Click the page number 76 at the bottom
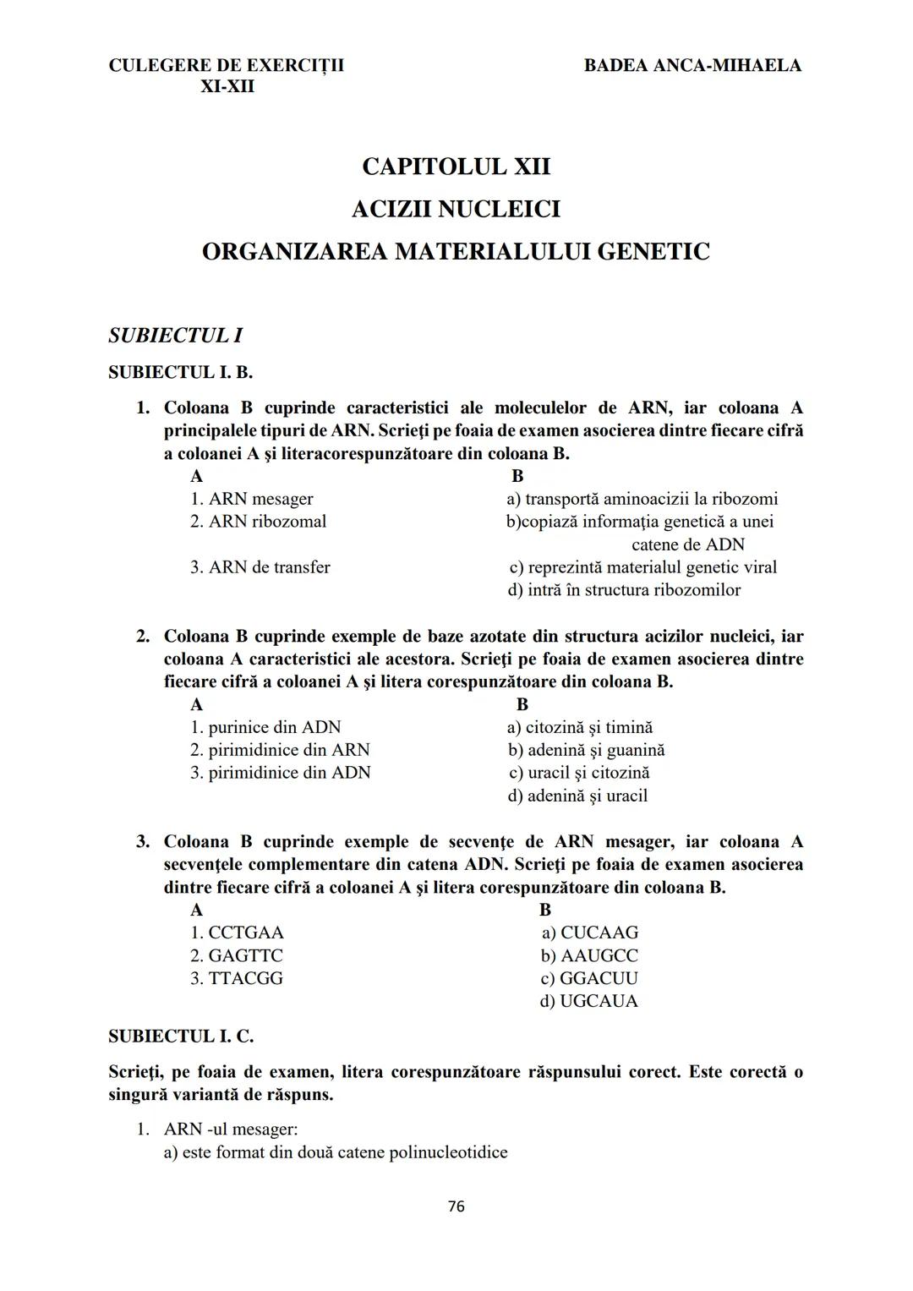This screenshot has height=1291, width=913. (456, 1206)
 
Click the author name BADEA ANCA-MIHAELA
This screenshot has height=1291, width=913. (692, 65)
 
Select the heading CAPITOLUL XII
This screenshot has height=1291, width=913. (456, 167)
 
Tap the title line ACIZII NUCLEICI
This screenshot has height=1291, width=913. (456, 209)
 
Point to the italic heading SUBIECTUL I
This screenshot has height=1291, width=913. (176, 336)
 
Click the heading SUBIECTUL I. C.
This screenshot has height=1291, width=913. (181, 1036)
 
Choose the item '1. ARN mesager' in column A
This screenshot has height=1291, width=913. (251, 499)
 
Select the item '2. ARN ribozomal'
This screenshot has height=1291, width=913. (258, 522)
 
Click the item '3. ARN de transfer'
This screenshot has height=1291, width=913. (260, 567)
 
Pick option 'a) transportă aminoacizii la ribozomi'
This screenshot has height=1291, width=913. (642, 499)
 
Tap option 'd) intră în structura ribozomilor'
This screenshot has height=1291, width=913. (624, 590)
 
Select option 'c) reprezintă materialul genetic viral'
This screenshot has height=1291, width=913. (642, 567)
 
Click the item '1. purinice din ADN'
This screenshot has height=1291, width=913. (265, 727)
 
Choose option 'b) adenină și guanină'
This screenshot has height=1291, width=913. (586, 750)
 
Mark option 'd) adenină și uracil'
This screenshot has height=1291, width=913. (577, 796)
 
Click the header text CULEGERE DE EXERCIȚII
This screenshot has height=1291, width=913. (227, 65)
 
